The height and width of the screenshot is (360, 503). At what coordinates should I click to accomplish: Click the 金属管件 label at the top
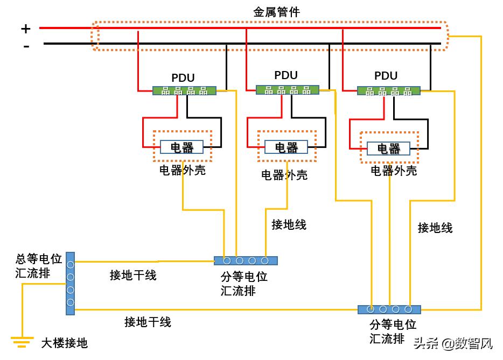[276, 12]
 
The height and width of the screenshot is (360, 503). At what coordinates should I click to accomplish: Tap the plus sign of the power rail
[26, 28]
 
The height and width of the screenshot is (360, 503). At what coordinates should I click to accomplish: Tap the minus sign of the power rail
[26, 46]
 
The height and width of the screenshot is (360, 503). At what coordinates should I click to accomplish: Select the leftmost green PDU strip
[184, 91]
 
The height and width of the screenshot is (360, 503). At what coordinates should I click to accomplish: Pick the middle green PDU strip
[287, 90]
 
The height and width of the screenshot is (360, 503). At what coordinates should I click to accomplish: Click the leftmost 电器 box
[181, 147]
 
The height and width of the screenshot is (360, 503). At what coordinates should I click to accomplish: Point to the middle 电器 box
[286, 147]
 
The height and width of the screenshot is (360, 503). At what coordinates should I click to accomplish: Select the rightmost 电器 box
[388, 149]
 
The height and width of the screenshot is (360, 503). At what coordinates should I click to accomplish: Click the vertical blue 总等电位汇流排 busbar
[70, 283]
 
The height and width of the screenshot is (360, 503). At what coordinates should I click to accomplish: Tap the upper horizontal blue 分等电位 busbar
[246, 261]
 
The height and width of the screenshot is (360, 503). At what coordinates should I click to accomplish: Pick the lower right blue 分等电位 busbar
[389, 309]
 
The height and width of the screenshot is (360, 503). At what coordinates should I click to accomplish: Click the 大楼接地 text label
[64, 343]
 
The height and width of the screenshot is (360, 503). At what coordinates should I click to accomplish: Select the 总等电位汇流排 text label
[39, 266]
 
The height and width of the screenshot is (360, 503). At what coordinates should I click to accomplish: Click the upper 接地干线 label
[133, 276]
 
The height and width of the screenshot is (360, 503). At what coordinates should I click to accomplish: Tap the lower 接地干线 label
[148, 322]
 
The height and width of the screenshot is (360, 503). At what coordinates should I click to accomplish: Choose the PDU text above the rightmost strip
[386, 76]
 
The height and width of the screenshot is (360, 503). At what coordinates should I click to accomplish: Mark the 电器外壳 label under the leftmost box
[182, 171]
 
